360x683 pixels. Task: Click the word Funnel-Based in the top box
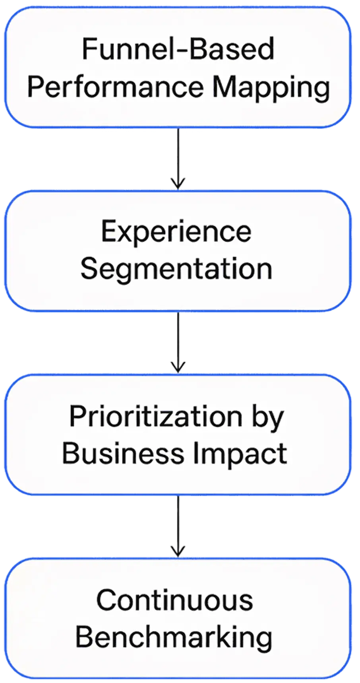(x=178, y=49)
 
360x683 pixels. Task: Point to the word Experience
(x=176, y=232)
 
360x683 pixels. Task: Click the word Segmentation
(x=176, y=269)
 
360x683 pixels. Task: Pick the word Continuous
(x=174, y=600)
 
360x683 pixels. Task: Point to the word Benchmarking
(x=174, y=637)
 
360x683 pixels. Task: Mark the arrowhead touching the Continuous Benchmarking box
(x=178, y=550)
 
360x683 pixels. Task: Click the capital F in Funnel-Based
(x=88, y=49)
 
